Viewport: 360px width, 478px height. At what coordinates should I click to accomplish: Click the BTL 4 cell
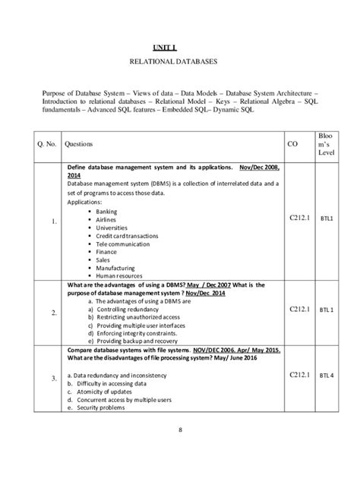[x=326, y=375]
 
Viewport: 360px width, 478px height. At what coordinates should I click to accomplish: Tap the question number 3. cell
[x=53, y=378]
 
